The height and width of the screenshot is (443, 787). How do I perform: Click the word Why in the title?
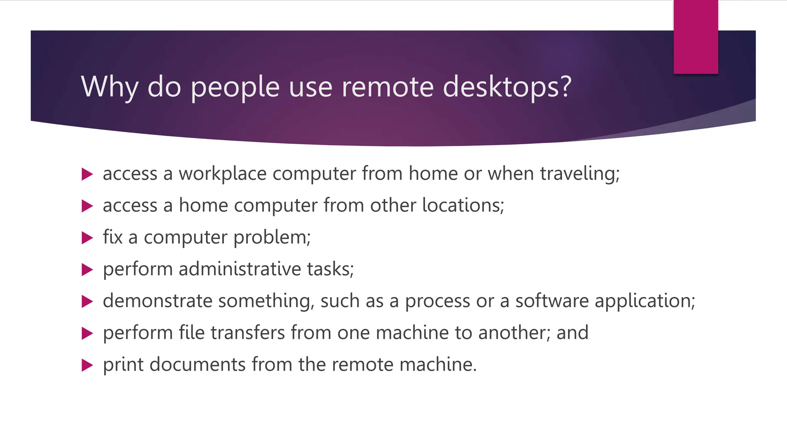pyautogui.click(x=109, y=87)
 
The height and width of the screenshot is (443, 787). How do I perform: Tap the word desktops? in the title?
pyautogui.click(x=507, y=87)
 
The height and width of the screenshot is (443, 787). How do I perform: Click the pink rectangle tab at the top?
pyautogui.click(x=696, y=37)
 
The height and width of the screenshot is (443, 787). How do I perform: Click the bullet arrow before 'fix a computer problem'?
pyautogui.click(x=87, y=238)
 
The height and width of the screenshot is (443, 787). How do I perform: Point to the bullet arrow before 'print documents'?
pyautogui.click(x=87, y=365)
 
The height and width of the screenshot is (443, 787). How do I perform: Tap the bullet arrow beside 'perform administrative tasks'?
pyautogui.click(x=87, y=270)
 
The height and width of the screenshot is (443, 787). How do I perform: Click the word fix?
pyautogui.click(x=113, y=237)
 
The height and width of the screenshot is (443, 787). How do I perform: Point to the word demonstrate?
pyautogui.click(x=158, y=301)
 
